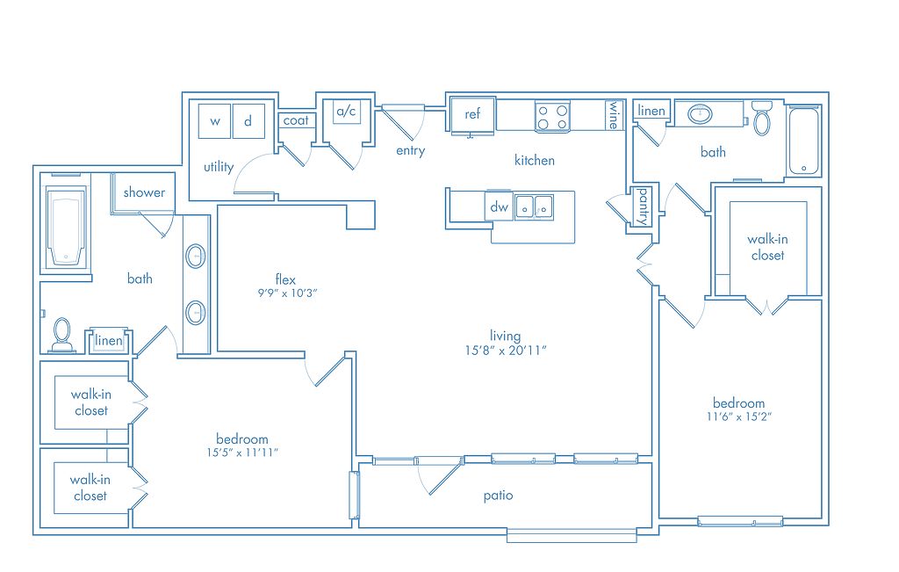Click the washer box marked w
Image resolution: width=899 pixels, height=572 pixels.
tap(214, 120)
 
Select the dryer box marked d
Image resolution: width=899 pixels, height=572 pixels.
tap(248, 120)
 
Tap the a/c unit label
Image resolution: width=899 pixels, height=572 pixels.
tap(346, 111)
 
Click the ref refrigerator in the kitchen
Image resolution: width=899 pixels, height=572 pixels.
tap(471, 115)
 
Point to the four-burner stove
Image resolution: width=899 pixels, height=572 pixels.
tap(552, 117)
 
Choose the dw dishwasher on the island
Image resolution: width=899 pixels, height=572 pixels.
tap(499, 206)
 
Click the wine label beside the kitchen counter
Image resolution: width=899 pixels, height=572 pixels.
tap(614, 115)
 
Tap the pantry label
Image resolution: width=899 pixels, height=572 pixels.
tap(643, 206)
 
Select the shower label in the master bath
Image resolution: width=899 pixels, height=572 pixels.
tap(144, 192)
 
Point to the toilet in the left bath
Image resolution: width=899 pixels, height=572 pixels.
tap(62, 335)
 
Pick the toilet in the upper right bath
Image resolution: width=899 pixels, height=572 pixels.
tap(761, 119)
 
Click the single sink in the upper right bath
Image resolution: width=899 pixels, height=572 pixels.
tap(700, 114)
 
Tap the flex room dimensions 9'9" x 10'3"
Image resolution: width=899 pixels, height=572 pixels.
tap(287, 293)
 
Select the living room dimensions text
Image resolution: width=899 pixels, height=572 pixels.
tap(505, 351)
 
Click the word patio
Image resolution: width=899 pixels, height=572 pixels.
tap(498, 496)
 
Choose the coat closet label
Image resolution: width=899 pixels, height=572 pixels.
tap(296, 120)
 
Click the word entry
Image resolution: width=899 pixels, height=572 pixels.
tap(411, 151)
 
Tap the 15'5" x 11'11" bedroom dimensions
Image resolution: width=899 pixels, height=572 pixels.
tap(242, 453)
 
